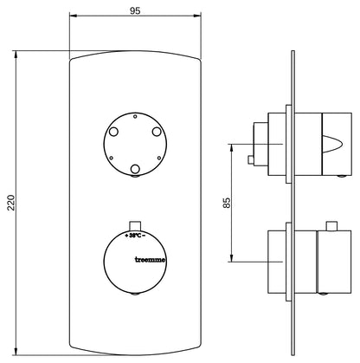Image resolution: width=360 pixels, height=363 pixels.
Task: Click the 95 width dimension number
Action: (x=135, y=11)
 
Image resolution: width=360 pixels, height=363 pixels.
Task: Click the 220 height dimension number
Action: (x=10, y=203)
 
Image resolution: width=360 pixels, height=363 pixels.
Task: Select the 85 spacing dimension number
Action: (x=227, y=203)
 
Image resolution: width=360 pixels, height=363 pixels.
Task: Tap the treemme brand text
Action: (x=151, y=260)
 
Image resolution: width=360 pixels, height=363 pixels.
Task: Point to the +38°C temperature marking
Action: (x=135, y=236)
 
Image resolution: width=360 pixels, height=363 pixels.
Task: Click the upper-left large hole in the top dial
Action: (x=113, y=132)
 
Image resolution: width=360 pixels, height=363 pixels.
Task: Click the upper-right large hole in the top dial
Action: (x=157, y=132)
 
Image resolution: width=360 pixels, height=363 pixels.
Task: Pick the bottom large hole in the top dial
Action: (x=135, y=169)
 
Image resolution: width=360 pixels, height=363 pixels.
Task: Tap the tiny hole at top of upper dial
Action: (x=135, y=117)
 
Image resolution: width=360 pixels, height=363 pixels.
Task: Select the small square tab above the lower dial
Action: (x=135, y=225)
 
